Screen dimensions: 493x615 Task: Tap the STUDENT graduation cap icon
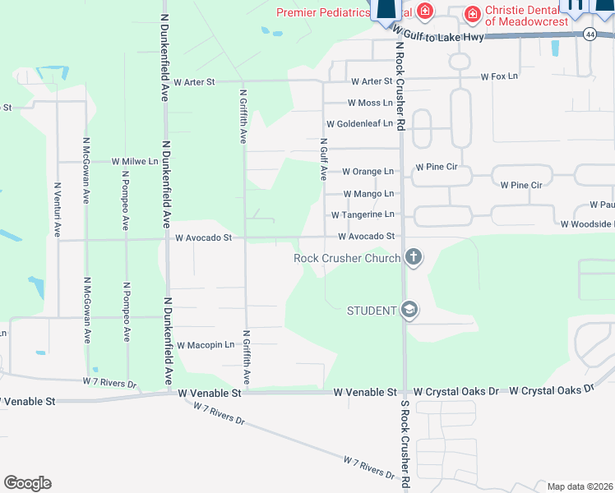(x=409, y=310)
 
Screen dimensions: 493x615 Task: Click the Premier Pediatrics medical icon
(x=425, y=11)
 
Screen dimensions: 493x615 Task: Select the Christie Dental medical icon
(x=473, y=14)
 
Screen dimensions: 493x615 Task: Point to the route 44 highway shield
(x=590, y=34)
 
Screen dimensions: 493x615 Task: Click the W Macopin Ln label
(x=206, y=345)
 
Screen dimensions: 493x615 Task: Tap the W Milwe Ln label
(x=134, y=162)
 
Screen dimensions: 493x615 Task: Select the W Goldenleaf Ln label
(x=360, y=124)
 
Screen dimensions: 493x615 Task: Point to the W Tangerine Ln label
(x=363, y=214)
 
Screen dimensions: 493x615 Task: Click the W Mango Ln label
(x=368, y=194)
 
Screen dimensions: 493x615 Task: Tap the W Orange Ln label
(x=368, y=172)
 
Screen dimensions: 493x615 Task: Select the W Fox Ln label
(x=500, y=76)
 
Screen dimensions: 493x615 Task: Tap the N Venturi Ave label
(x=57, y=207)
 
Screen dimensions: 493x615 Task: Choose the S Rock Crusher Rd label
(x=405, y=445)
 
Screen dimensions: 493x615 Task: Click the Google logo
(x=27, y=483)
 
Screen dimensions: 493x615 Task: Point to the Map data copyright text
(x=580, y=486)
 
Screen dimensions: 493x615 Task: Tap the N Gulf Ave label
(x=323, y=159)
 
